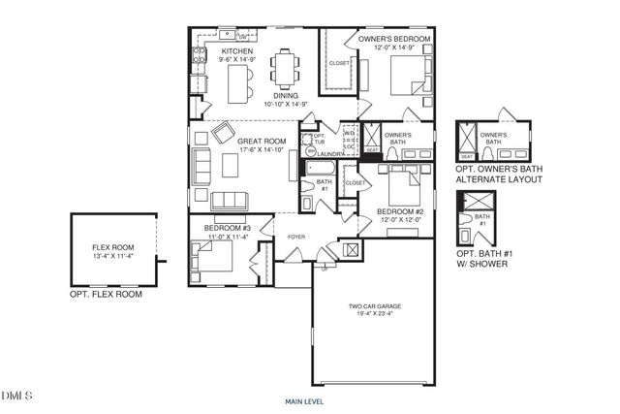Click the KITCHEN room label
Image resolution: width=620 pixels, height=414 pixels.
(x=237, y=50)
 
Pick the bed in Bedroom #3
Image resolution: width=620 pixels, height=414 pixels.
(x=208, y=256)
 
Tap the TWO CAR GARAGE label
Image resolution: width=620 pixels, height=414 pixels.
(x=375, y=306)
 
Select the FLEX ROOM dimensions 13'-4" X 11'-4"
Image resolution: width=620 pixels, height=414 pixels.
(x=113, y=257)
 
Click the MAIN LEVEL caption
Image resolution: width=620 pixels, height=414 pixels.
(x=303, y=400)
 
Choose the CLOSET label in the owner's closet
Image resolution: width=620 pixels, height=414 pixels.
(x=339, y=63)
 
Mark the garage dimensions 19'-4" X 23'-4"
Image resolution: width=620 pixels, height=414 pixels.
(x=375, y=315)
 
